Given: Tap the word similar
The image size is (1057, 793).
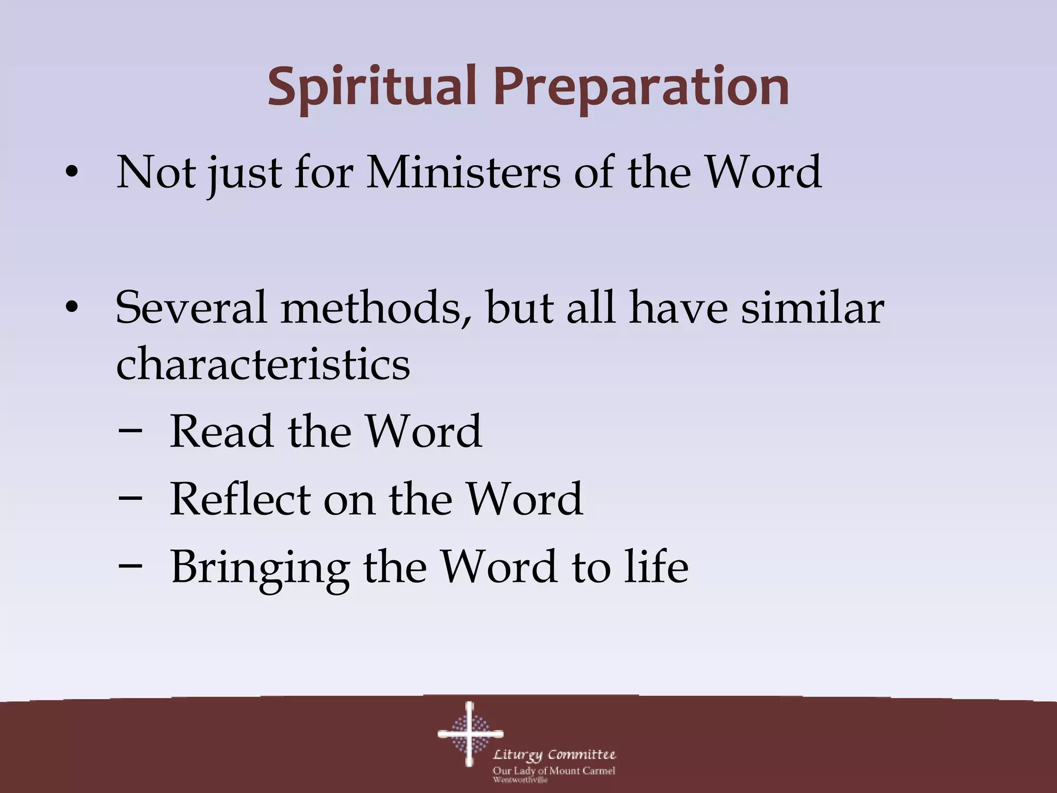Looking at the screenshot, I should [x=812, y=308].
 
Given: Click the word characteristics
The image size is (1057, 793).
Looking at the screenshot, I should [x=263, y=363].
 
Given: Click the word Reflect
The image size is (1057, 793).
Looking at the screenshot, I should [x=239, y=499].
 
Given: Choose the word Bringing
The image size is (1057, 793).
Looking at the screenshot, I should [x=260, y=567].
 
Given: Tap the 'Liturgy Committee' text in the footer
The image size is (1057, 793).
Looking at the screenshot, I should [x=554, y=755].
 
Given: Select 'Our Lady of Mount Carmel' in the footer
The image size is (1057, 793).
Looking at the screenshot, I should [x=553, y=771].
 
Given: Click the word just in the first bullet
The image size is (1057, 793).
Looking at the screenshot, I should [x=244, y=172].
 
